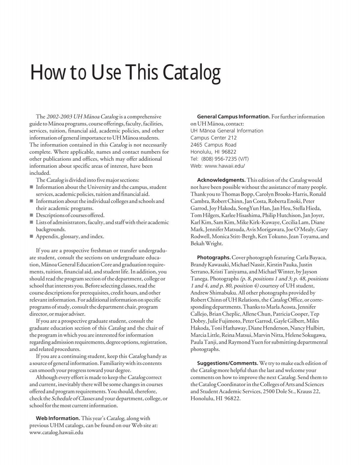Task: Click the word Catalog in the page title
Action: click(191, 74)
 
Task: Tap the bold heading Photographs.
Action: click(214, 258)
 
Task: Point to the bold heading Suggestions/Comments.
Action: click(227, 363)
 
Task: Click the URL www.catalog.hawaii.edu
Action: click(56, 433)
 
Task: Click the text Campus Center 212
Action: click(214, 138)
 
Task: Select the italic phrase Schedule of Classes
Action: click(73, 399)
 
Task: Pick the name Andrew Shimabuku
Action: click(213, 293)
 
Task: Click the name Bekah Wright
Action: click(207, 243)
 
